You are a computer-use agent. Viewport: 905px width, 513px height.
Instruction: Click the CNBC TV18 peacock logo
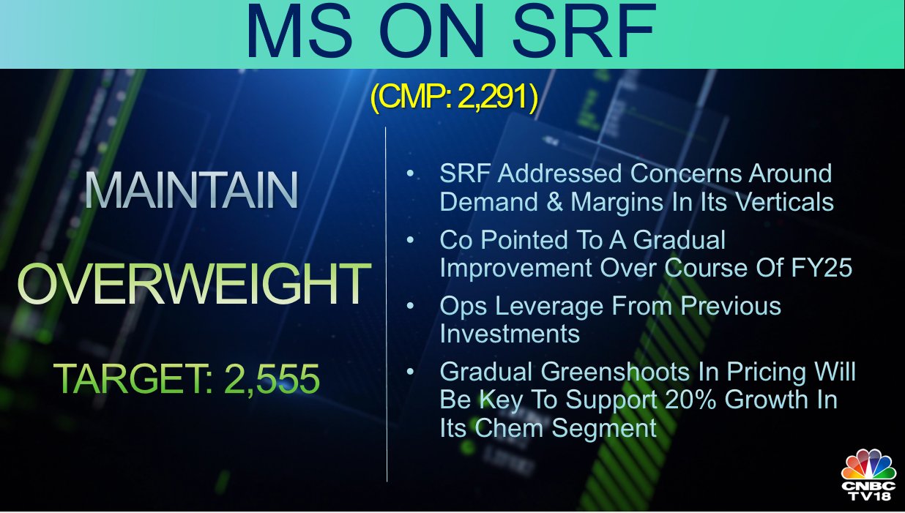click(868, 475)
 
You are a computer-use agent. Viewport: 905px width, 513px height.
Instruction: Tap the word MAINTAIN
click(191, 190)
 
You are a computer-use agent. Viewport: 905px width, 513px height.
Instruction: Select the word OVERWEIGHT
click(194, 283)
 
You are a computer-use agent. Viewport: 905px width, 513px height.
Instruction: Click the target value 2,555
click(272, 378)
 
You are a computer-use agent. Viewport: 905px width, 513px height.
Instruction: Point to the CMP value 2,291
click(493, 97)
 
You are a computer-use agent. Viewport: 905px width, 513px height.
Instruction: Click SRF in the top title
click(584, 32)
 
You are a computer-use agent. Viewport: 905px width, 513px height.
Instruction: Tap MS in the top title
click(299, 32)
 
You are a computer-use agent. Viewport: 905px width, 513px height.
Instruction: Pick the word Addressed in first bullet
click(559, 173)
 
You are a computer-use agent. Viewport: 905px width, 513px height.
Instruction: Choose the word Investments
click(510, 334)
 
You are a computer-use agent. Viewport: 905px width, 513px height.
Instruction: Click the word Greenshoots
click(615, 372)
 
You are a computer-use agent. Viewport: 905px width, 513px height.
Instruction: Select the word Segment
click(604, 428)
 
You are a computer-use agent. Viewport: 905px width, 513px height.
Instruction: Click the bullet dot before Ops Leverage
click(411, 306)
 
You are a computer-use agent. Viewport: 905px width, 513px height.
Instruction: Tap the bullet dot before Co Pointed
click(411, 240)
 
